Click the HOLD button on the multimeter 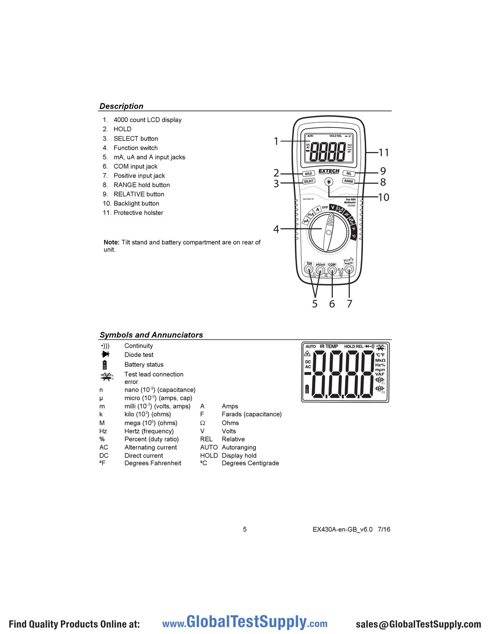308,174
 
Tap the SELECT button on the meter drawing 308,182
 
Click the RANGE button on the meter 349,182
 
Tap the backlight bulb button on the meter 329,182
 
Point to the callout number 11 383,153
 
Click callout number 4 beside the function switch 276,229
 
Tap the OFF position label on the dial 325,207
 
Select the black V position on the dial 333,208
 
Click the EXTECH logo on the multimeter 329,171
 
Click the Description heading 121,106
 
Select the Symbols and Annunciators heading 151,335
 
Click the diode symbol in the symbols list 105,354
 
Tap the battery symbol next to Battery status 105,365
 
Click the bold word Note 111,242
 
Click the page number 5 245,529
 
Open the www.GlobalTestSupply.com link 244,623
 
